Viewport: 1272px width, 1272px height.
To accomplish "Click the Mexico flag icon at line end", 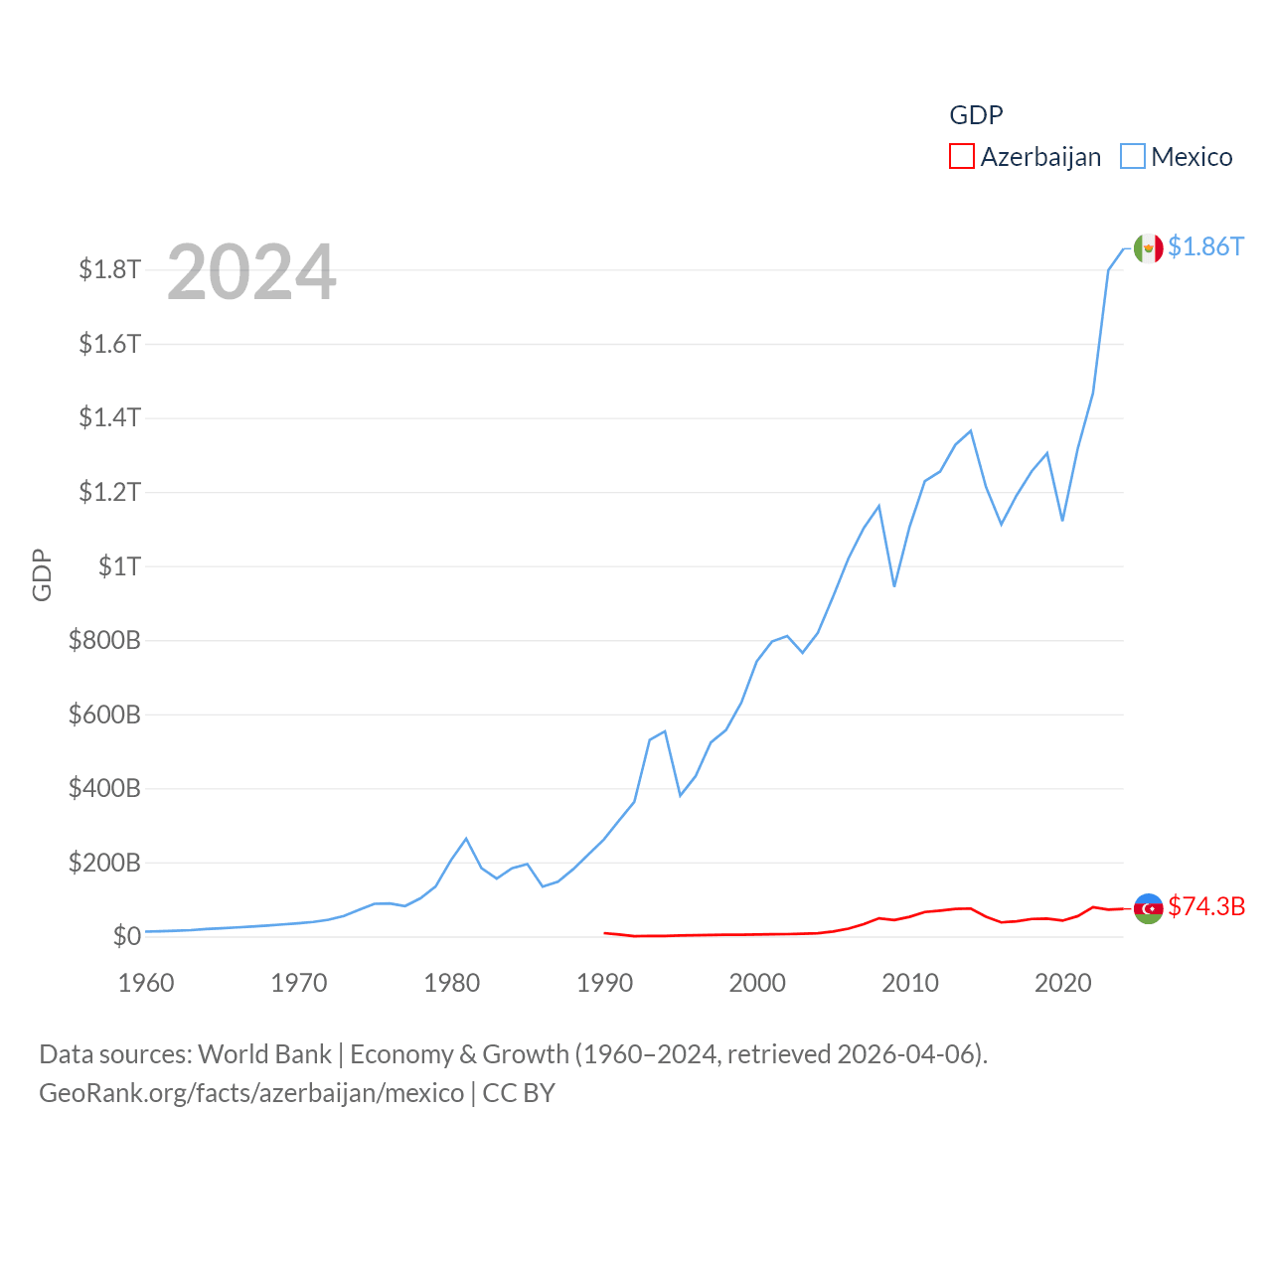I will [x=1148, y=248].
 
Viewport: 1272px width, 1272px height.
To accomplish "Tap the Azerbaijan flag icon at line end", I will [x=1148, y=908].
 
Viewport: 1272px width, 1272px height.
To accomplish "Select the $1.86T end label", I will [x=1205, y=246].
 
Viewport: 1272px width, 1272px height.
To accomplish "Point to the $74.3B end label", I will [x=1206, y=906].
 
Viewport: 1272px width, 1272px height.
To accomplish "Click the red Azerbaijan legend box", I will [x=962, y=157].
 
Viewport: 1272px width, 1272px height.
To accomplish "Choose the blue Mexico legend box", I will [x=1133, y=157].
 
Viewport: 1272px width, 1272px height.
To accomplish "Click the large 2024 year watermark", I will [x=251, y=272].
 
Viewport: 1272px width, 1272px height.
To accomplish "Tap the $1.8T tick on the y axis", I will [x=110, y=269].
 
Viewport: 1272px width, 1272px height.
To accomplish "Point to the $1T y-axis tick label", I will [x=120, y=566].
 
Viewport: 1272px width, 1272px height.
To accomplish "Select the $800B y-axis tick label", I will [x=104, y=640].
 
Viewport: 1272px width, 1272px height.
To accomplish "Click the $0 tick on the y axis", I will [x=126, y=936].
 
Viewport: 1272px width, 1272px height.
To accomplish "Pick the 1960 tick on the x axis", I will [x=146, y=983].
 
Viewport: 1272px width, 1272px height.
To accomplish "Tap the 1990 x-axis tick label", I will [x=604, y=983].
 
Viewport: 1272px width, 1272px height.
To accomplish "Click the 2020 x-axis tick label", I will [x=1063, y=983].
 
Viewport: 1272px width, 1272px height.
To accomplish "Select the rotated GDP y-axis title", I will [x=42, y=574].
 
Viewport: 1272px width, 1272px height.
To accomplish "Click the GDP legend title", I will [x=976, y=115].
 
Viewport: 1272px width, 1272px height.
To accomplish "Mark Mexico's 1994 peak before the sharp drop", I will [x=665, y=731].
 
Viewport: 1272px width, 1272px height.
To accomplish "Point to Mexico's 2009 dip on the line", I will [x=894, y=585].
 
